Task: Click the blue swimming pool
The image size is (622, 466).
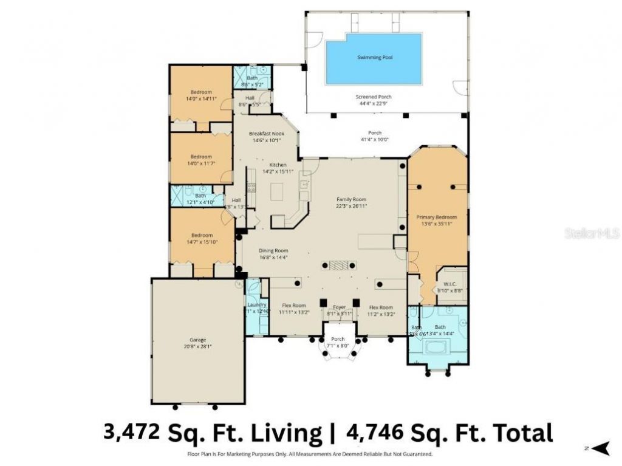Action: (373, 58)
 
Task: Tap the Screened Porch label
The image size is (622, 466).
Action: (373, 97)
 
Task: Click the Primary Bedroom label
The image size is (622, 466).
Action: (436, 216)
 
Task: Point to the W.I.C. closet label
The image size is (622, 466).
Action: (450, 284)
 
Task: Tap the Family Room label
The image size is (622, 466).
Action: (352, 199)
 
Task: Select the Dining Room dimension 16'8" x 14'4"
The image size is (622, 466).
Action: (273, 257)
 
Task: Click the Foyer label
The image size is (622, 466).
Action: (339, 307)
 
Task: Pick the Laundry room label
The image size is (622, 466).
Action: (256, 304)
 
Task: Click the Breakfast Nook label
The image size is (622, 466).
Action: (267, 134)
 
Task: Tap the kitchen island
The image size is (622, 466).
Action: (276, 193)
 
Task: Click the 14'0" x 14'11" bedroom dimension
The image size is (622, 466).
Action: (201, 98)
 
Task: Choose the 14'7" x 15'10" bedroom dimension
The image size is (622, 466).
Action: (202, 242)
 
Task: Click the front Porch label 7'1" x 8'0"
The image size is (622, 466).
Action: (338, 346)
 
